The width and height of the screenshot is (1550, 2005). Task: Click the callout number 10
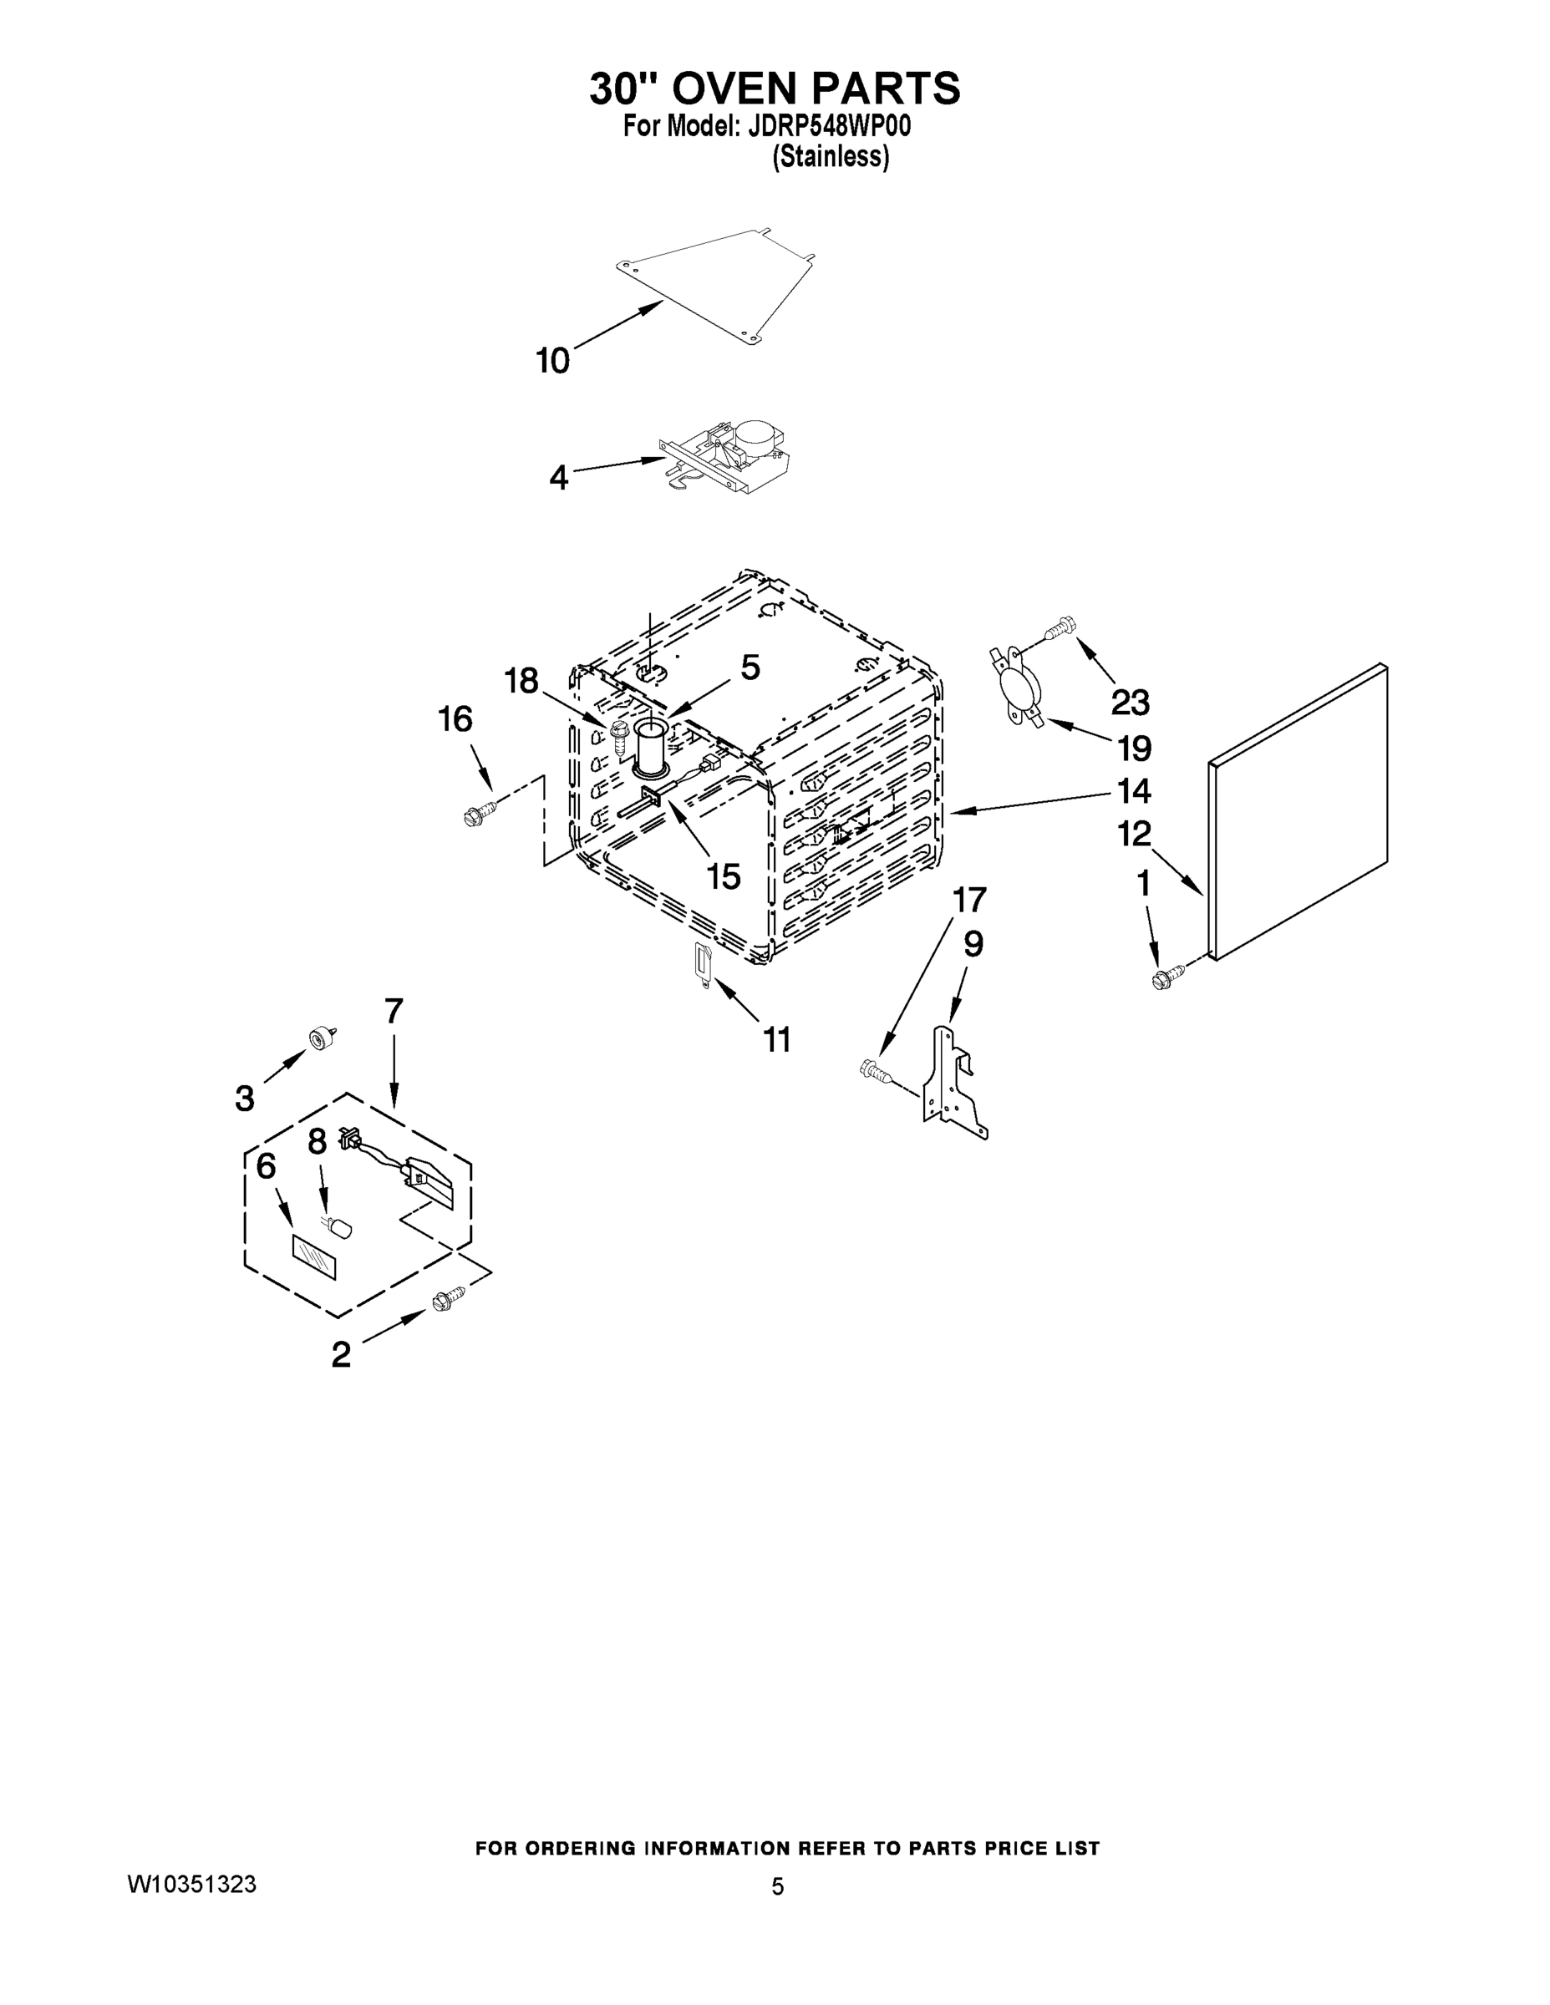point(553,362)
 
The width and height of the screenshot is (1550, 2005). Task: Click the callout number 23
point(1130,703)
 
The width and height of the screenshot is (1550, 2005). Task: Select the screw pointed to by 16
point(481,813)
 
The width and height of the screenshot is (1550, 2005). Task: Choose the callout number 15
point(724,876)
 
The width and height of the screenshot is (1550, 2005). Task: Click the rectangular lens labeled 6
point(314,1256)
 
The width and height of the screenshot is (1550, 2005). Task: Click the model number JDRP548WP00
point(830,126)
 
